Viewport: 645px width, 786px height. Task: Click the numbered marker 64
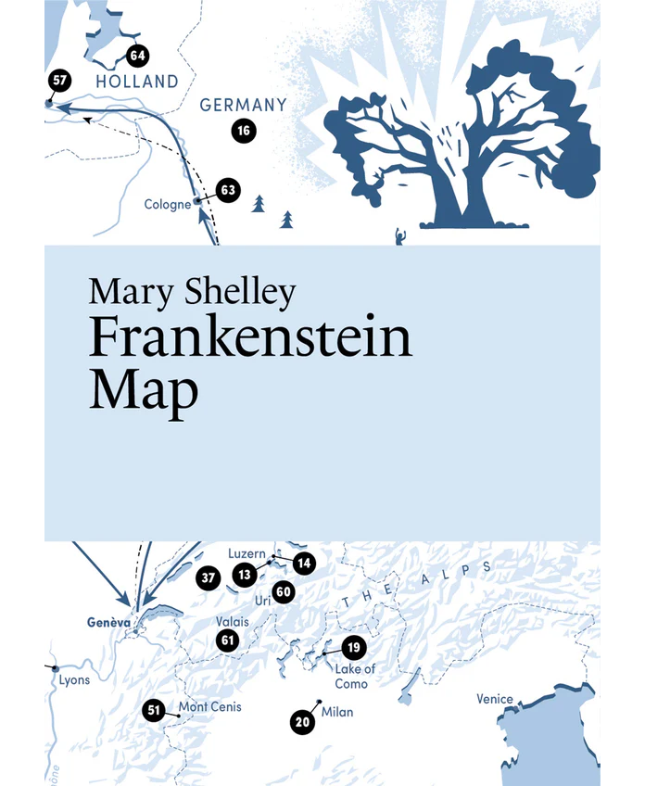138,56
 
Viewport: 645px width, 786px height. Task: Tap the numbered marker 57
59,81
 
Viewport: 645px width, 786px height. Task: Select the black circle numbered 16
243,131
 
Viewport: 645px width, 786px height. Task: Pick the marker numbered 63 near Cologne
228,191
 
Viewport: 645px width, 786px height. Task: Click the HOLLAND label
137,82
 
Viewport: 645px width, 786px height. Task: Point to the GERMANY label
244,105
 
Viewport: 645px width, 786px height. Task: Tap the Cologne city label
168,205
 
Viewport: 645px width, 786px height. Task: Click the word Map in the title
144,389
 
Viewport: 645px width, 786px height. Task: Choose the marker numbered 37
209,578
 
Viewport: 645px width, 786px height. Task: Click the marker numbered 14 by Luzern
304,562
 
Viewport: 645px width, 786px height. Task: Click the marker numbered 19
352,648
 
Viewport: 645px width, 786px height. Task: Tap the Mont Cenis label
209,707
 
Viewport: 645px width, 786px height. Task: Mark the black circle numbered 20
300,721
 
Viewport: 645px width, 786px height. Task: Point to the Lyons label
74,679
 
